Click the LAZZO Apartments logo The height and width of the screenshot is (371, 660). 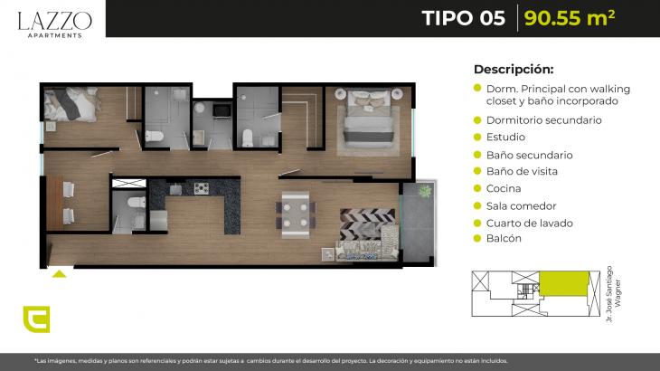[x=55, y=24]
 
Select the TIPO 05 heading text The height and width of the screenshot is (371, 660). [x=464, y=18]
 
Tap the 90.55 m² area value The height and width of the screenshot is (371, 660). [x=570, y=18]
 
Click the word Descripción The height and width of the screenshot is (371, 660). [x=514, y=69]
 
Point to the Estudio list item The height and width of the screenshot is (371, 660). [x=505, y=137]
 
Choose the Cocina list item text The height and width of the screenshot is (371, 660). [x=504, y=188]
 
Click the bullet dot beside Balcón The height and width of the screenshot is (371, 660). [x=476, y=238]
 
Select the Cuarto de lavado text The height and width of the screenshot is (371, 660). [x=530, y=224]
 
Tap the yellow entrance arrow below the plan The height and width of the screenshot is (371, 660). [x=59, y=274]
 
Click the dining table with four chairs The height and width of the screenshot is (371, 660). [x=296, y=214]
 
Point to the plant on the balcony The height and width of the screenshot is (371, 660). [x=425, y=191]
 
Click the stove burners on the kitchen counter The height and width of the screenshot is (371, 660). [x=202, y=188]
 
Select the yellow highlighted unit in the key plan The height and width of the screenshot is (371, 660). [x=564, y=283]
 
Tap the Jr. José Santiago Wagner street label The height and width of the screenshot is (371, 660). [x=613, y=293]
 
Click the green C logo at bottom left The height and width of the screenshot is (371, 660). [x=37, y=319]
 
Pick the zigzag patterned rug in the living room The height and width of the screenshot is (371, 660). [x=367, y=224]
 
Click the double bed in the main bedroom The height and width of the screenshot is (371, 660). [x=369, y=119]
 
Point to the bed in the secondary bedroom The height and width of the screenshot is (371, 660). [x=71, y=103]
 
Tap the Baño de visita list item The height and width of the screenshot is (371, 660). [x=522, y=171]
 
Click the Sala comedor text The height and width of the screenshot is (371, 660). [x=521, y=206]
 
